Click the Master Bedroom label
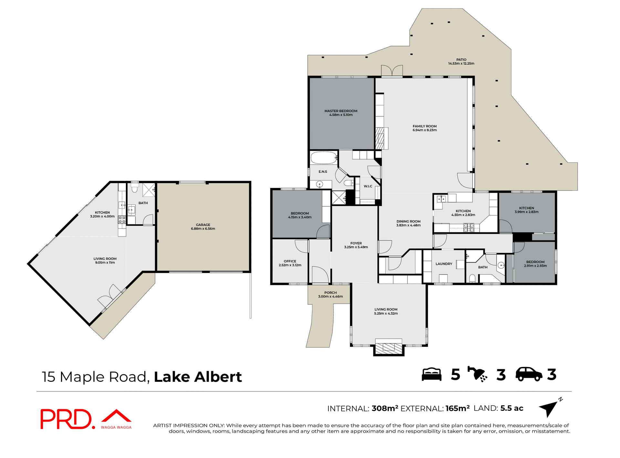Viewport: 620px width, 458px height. point(341,111)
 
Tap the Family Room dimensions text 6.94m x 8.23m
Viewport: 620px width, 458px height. point(424,130)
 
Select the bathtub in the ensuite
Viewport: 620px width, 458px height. point(324,158)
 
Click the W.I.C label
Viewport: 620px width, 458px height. point(368,186)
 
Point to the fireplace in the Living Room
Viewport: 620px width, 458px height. point(389,347)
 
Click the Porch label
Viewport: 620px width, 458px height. point(330,293)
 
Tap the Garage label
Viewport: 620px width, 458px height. point(203,225)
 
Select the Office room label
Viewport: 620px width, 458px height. point(290,261)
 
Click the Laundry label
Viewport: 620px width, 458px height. point(444,264)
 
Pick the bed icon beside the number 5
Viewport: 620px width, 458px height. point(431,374)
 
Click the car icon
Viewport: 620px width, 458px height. point(529,374)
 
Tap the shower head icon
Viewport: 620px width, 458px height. point(477,374)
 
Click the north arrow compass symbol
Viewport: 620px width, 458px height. point(550,408)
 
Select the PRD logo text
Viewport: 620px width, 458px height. point(66,419)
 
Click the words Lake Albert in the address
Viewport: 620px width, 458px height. point(198,377)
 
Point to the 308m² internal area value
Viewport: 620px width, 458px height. point(385,408)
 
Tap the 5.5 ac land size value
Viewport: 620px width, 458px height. point(512,408)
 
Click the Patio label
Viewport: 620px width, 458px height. point(461,60)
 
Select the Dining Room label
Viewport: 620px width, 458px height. point(408,222)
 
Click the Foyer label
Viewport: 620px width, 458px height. point(356,243)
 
